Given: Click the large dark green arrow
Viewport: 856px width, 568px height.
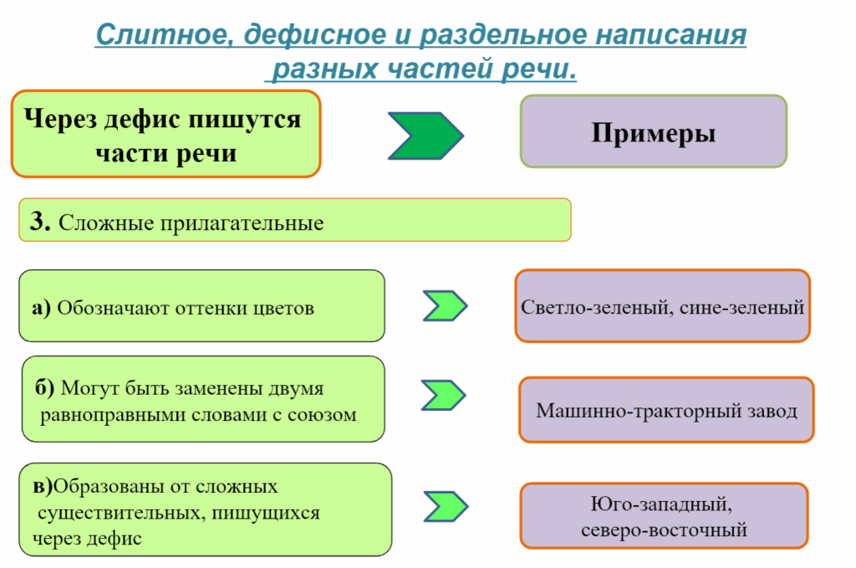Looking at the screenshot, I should point(425,134).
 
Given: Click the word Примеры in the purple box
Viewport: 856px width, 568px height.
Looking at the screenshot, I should point(653,132).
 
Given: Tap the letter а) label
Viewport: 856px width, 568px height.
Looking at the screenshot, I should point(42,308).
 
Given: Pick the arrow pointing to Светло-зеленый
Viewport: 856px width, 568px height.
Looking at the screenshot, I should point(444,306).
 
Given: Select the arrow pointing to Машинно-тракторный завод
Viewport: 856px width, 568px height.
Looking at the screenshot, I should point(444,393).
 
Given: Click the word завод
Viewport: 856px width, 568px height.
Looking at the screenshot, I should point(769,411).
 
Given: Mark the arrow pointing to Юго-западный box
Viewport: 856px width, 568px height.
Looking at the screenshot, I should point(444,505).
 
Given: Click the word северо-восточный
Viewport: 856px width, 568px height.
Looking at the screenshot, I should point(664,530).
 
